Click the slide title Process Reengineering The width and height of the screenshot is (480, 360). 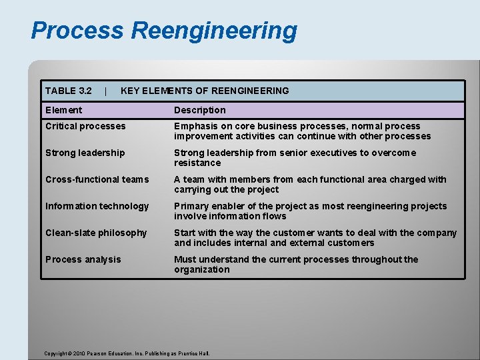[x=163, y=31]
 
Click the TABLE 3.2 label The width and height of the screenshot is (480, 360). [x=68, y=91]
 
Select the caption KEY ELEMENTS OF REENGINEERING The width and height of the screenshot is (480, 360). [x=205, y=91]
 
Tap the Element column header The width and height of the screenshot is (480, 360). [x=64, y=110]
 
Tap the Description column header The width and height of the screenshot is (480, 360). [x=200, y=110]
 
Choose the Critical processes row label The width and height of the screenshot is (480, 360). [x=85, y=126]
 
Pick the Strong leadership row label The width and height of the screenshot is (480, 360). [x=85, y=153]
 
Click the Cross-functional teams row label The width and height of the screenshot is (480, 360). [x=97, y=179]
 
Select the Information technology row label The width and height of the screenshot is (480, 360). [x=97, y=206]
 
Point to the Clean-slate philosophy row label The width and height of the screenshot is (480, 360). [x=96, y=233]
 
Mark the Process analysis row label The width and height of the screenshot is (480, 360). [x=83, y=259]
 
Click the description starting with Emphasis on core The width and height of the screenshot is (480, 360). [x=303, y=131]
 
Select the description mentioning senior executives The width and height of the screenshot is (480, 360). [x=295, y=158]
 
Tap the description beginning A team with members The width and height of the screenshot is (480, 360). [x=310, y=185]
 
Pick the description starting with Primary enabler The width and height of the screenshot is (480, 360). [x=310, y=211]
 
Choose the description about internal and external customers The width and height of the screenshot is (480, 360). [x=315, y=238]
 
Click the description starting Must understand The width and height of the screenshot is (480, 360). [x=296, y=265]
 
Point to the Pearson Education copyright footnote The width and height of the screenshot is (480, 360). [x=127, y=353]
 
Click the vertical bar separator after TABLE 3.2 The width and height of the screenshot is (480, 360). [x=106, y=91]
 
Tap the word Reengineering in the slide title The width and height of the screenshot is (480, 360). [x=214, y=31]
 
